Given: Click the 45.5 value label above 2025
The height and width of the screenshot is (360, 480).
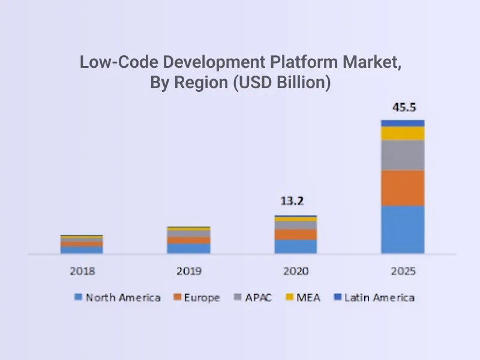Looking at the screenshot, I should pos(403,108).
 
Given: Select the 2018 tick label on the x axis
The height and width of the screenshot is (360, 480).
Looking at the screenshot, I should pos(82,271).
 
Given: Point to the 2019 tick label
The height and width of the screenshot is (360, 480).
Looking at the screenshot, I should pos(188,271).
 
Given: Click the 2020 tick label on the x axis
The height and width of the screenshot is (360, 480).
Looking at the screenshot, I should pos(296,271).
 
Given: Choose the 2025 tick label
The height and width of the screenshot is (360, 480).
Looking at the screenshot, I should pos(403,271).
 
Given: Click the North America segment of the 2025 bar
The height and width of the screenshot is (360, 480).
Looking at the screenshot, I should pos(403,229).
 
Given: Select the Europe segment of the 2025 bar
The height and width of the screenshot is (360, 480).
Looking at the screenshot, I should pos(403,188).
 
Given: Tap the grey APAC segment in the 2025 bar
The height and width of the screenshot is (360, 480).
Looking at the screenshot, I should pos(403,155).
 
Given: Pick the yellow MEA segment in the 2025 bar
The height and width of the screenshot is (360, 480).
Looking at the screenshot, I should pos(403,133).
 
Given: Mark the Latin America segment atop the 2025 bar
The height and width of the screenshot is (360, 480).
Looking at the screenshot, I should pos(403,123).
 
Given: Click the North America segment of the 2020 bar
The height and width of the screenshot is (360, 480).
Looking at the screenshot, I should pos(296,246).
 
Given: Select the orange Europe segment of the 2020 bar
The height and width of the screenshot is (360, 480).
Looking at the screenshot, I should pos(296,234).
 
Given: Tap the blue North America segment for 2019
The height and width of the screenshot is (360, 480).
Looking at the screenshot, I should pos(188,248).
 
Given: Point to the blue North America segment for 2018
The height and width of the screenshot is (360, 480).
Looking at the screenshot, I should pos(82,250).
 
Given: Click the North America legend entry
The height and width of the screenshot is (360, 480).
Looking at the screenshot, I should pos(118,298).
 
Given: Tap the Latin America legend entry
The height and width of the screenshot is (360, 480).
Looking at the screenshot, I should pos(373,298).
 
